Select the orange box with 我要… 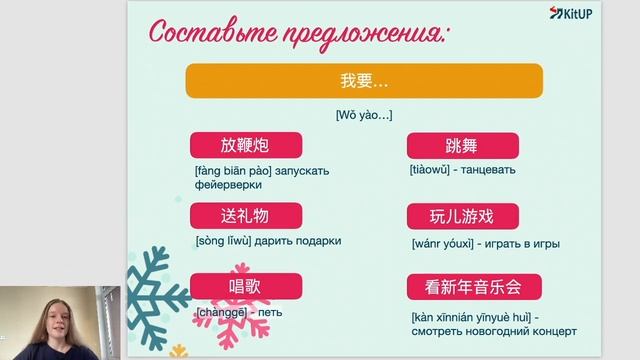coord(364,80)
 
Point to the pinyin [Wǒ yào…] coord(364,116)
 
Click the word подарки coord(318,241)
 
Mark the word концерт coord(551,330)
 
